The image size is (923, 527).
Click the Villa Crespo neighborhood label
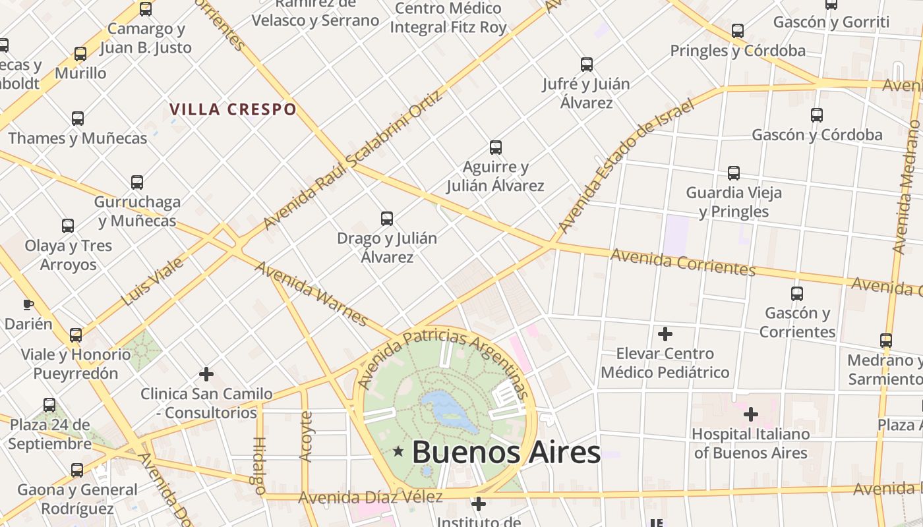[x=233, y=109]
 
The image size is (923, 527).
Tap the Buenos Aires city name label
[x=506, y=453]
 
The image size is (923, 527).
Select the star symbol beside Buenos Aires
[x=398, y=452]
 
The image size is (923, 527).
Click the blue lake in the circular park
[x=450, y=410]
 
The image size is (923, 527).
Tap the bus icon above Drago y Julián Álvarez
[x=387, y=218]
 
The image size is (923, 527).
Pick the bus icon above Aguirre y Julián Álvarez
[x=496, y=148]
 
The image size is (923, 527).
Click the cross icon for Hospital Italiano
[x=750, y=414]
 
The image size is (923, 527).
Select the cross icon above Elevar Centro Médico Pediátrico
[x=665, y=334]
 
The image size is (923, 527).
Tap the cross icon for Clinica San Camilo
[x=206, y=374]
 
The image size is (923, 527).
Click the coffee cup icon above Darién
[x=28, y=304]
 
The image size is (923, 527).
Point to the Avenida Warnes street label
[x=311, y=293]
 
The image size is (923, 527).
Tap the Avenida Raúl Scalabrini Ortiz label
[x=352, y=160]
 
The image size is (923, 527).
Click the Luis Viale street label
[x=152, y=282]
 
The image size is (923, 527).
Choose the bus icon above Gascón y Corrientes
[x=797, y=293]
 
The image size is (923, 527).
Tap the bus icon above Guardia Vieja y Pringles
[x=734, y=173]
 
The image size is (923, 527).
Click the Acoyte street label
[x=305, y=435]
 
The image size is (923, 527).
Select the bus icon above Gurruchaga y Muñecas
[x=137, y=182]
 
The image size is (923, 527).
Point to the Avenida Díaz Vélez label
[x=370, y=497]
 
